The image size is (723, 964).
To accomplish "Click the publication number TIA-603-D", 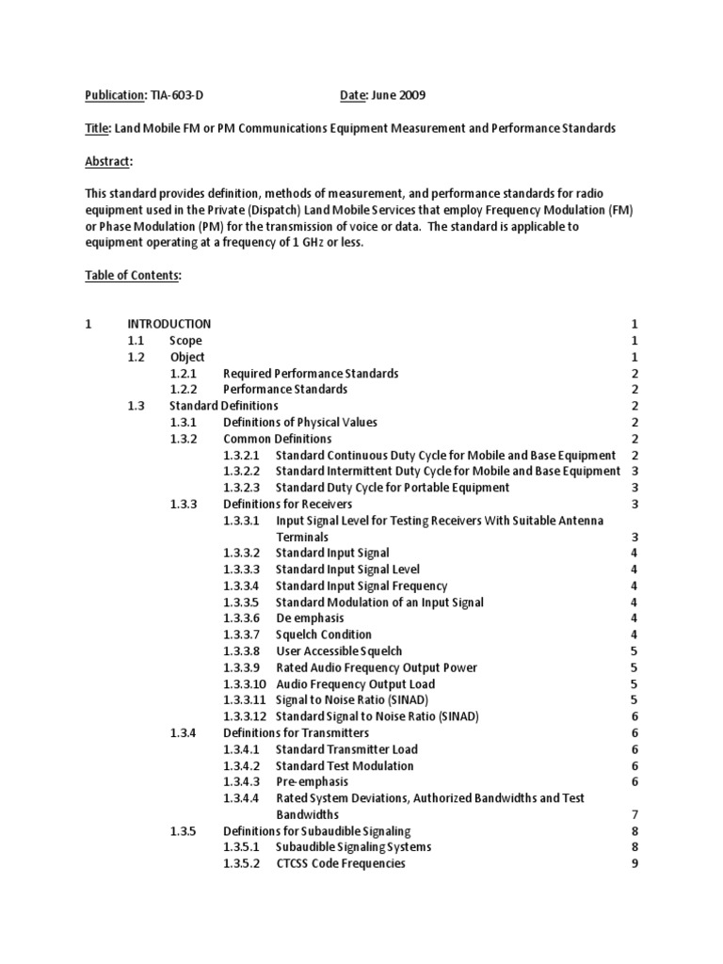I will [x=176, y=95].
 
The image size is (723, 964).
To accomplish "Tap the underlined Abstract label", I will [x=108, y=161].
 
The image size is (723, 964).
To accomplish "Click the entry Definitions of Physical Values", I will [x=300, y=422].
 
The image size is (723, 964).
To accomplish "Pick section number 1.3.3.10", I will [x=249, y=683].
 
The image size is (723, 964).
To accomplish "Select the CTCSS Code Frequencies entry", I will [x=341, y=863].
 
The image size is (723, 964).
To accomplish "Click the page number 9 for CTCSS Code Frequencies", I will [x=635, y=863].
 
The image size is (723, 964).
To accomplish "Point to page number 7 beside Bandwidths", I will [x=635, y=814].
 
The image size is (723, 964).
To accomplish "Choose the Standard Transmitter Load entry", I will [x=346, y=749].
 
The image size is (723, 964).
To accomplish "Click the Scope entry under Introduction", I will [x=185, y=340].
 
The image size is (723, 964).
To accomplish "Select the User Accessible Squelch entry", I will [x=339, y=651].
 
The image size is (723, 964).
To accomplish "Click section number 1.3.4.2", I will [x=242, y=765].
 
